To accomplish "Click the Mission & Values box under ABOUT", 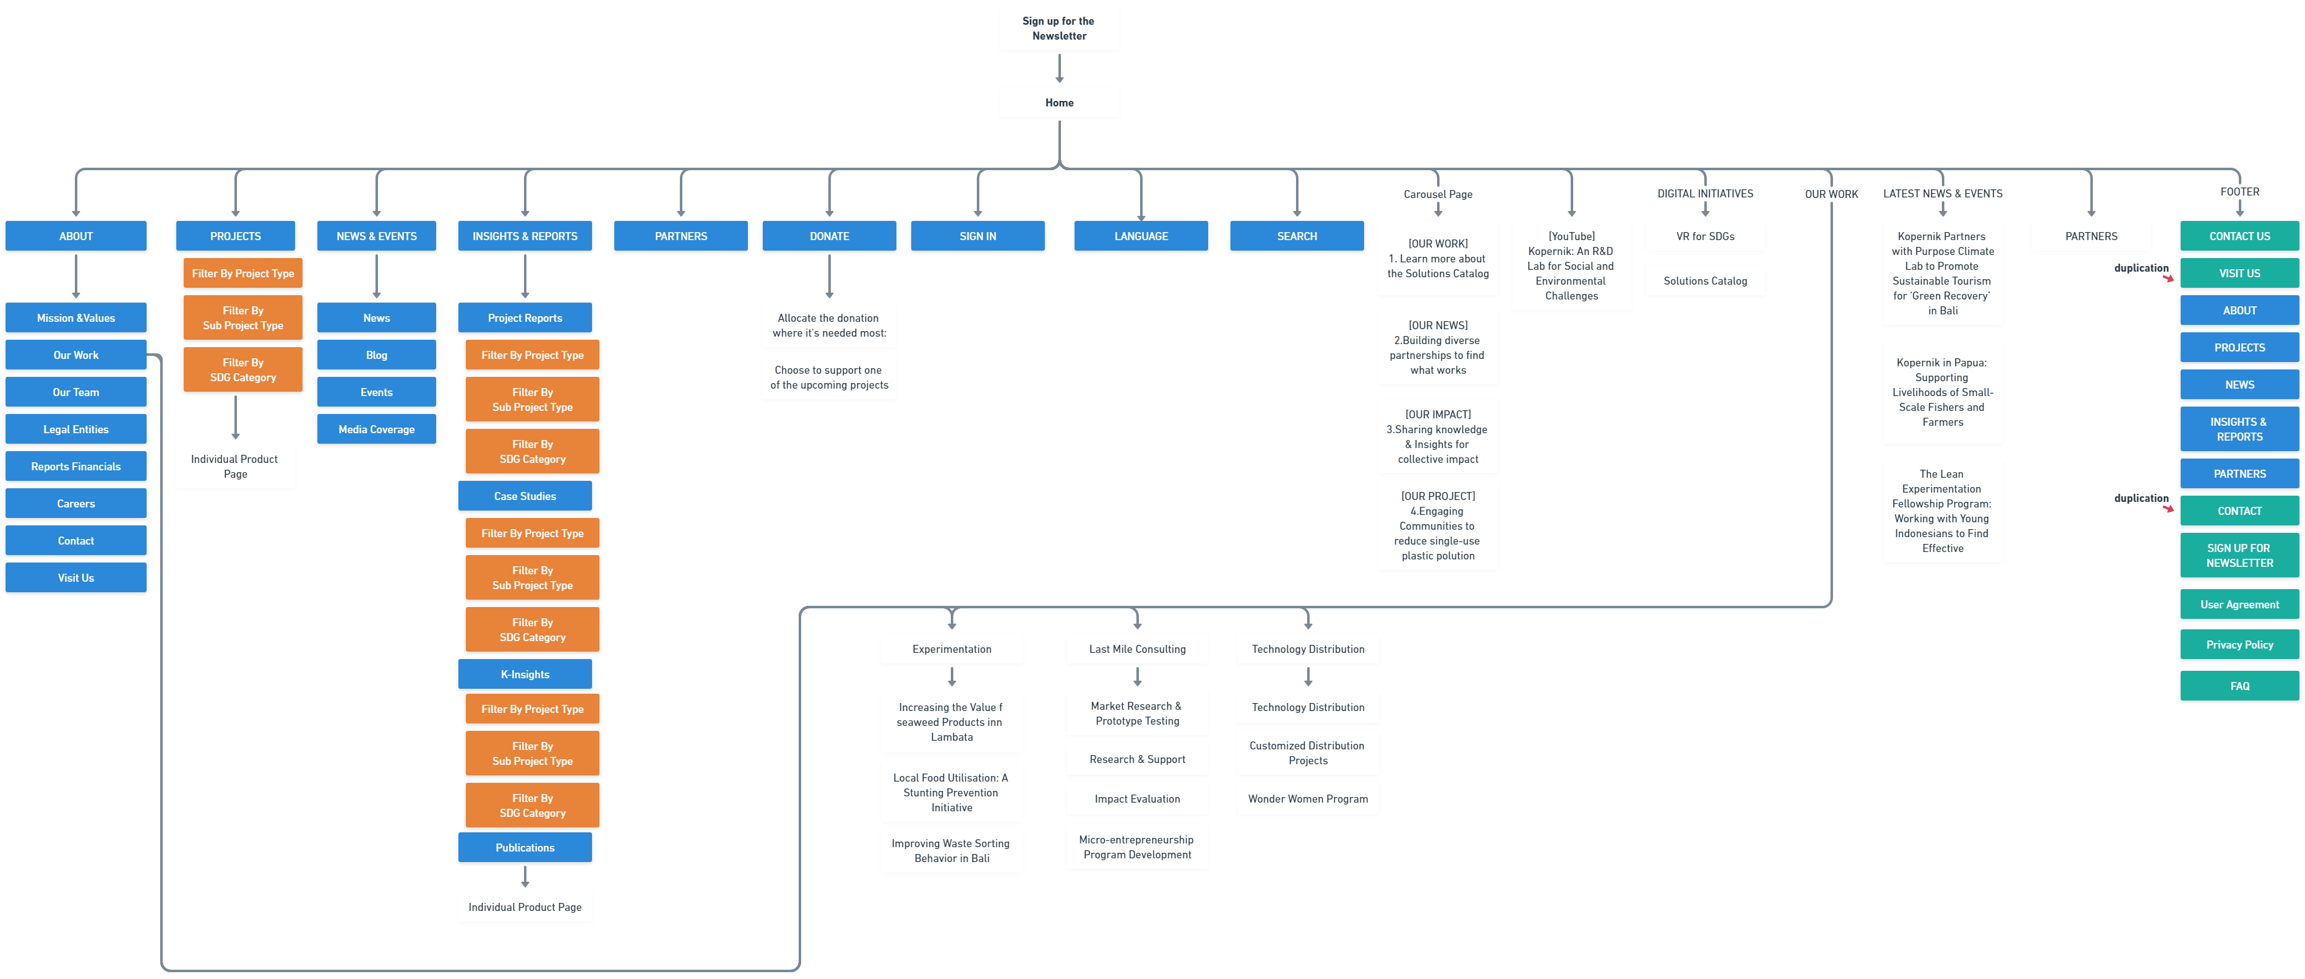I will [75, 317].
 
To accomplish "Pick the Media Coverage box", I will [376, 429].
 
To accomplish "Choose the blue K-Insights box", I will [525, 674].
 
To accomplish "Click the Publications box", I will [525, 847].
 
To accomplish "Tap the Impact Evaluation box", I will [1136, 798].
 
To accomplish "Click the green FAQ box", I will [2239, 686].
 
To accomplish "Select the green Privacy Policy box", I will [2239, 644].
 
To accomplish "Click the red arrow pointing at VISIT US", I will [2168, 278].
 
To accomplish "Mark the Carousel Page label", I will [1437, 194].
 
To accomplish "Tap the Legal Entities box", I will [75, 429].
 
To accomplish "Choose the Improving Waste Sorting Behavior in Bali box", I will [951, 850].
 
